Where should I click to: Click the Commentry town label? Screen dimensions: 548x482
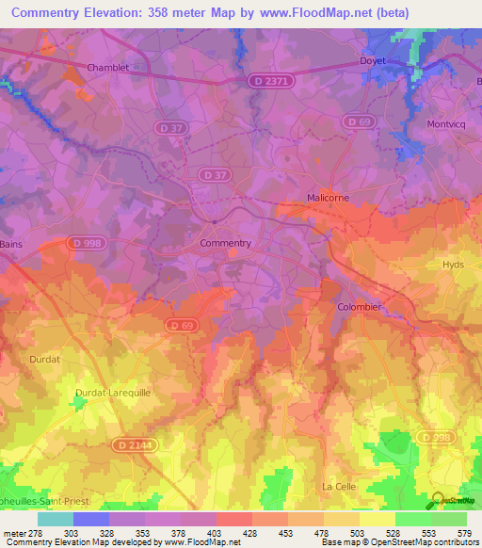[226, 243]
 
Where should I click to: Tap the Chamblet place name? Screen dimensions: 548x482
[106, 68]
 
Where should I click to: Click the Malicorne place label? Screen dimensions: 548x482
[328, 198]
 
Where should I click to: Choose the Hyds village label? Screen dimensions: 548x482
[454, 266]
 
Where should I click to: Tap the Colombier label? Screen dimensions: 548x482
[359, 307]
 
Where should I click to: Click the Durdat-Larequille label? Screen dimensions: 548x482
[111, 391]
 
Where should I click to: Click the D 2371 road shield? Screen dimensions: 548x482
[272, 83]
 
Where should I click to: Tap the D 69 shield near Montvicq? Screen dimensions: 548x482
[357, 121]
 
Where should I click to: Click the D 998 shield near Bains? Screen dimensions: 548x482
[87, 242]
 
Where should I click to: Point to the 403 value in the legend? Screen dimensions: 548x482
[199, 533]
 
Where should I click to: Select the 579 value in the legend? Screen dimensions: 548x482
[449, 533]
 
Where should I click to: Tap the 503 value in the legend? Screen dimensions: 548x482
[342, 533]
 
